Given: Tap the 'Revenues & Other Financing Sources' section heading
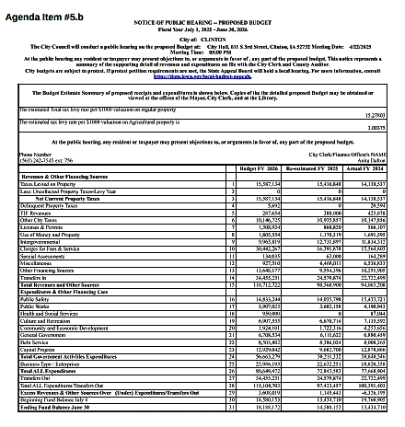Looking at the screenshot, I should [x=64, y=177].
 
